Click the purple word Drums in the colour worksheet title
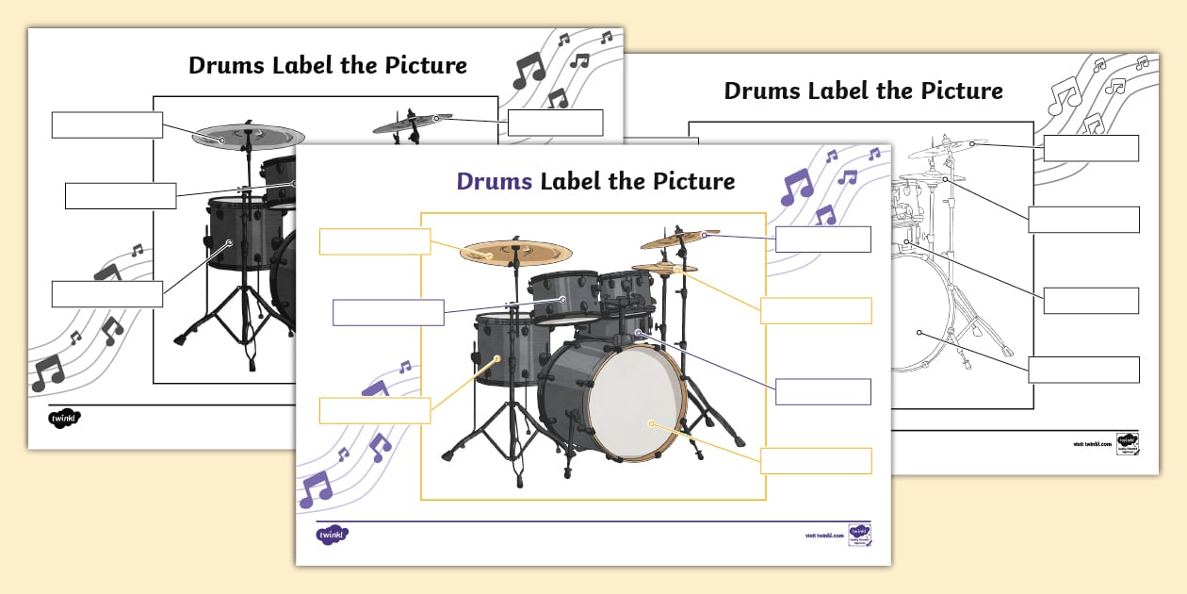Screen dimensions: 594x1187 pos(495,181)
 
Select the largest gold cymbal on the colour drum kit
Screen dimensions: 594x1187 pos(516,252)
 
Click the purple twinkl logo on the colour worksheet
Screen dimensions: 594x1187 pos(332,535)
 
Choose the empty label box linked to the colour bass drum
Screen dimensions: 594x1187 pos(816,461)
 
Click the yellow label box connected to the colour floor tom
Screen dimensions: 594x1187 pos(375,410)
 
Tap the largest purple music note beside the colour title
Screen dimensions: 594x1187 pos(796,187)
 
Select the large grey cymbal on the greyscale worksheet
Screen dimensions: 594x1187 pos(248,137)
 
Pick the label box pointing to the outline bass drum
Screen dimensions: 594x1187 pos(1083,370)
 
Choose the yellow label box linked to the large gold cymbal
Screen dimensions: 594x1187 pos(375,241)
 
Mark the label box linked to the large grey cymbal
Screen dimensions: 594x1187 pos(107,124)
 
